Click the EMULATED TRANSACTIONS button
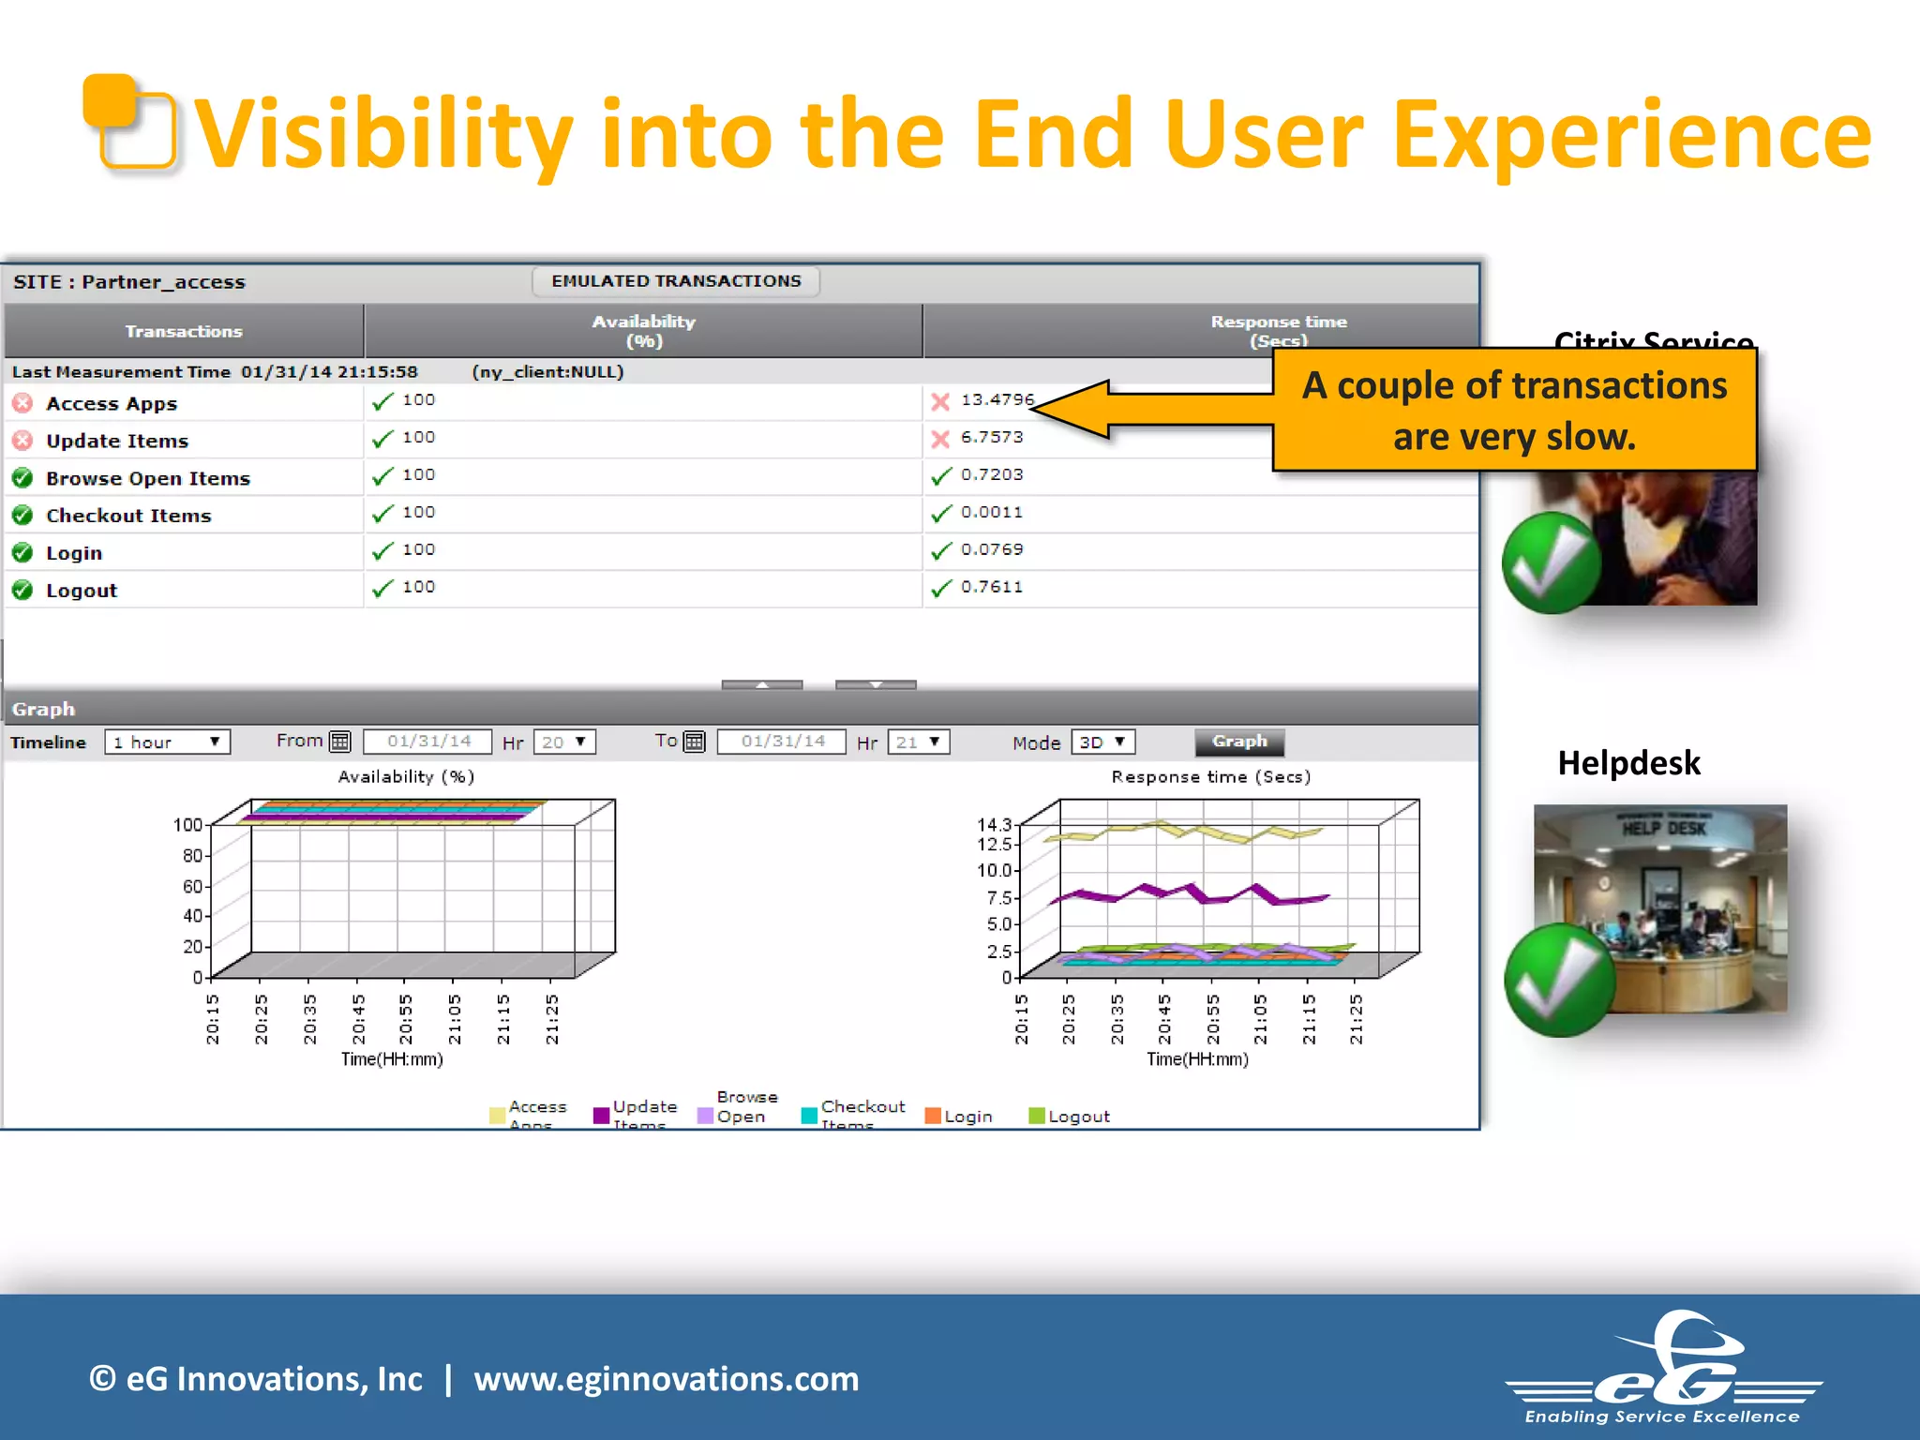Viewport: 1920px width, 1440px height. click(x=676, y=281)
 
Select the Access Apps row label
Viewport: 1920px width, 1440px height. click(x=112, y=404)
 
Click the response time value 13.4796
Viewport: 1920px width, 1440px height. click(x=997, y=400)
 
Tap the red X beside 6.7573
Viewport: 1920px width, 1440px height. click(x=940, y=439)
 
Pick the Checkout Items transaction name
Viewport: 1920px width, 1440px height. click(x=128, y=516)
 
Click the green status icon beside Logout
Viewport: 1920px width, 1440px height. click(x=22, y=591)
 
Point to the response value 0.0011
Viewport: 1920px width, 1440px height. click(x=991, y=513)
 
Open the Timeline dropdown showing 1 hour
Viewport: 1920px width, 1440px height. click(x=167, y=742)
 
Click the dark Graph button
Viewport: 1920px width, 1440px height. click(x=1238, y=742)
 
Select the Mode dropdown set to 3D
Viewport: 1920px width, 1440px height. click(x=1102, y=742)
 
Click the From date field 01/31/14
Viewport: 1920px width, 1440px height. click(x=428, y=742)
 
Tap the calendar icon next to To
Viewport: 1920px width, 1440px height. click(x=694, y=742)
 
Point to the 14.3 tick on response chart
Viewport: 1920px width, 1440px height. click(x=994, y=825)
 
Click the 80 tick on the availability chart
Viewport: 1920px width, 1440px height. click(x=192, y=856)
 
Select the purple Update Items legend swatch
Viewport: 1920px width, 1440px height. click(x=601, y=1116)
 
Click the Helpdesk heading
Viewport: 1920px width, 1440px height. click(x=1628, y=763)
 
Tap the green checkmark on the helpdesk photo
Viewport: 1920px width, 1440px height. click(x=1558, y=980)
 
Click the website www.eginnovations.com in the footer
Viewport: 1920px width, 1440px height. click(x=666, y=1379)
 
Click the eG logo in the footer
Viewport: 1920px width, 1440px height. click(x=1665, y=1368)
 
